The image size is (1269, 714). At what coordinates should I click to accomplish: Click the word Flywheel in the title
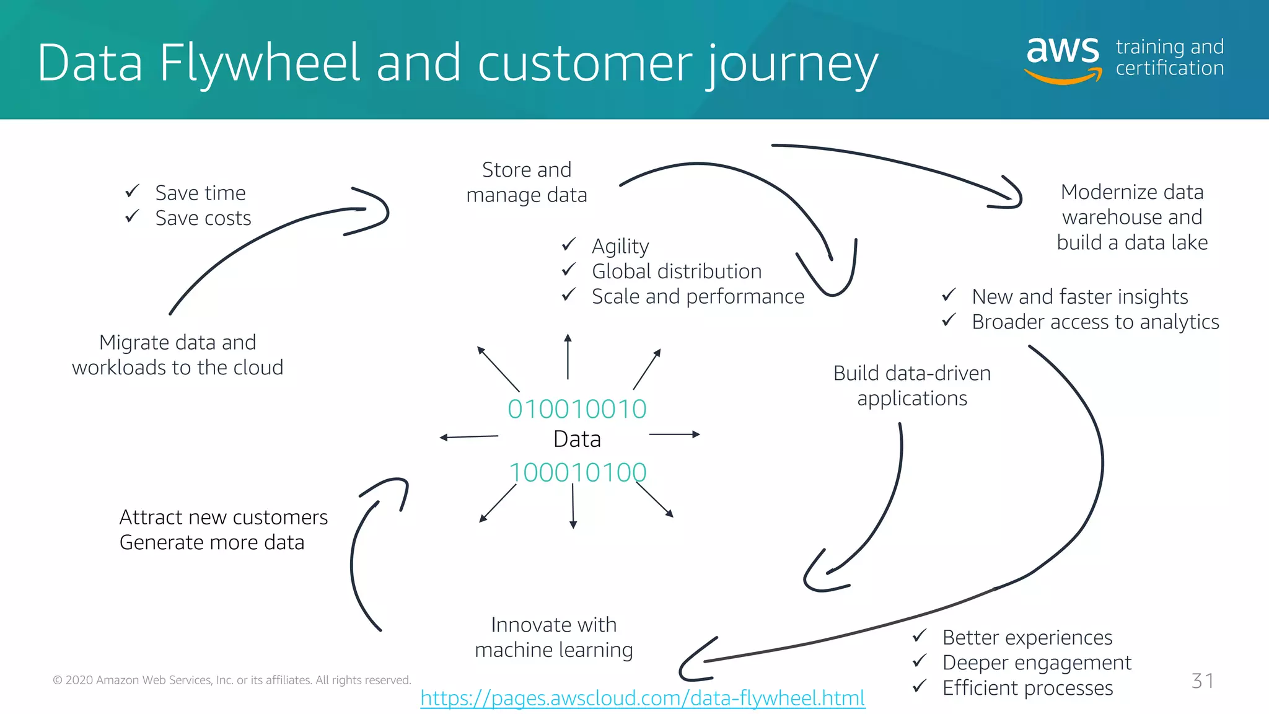click(x=259, y=63)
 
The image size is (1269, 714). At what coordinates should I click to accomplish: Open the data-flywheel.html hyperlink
click(x=643, y=699)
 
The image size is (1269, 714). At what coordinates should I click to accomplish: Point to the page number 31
click(x=1202, y=681)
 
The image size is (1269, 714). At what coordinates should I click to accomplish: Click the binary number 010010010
click(x=577, y=409)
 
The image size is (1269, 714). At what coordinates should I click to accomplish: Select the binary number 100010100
click(x=577, y=473)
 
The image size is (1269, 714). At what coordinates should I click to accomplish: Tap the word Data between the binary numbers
click(x=577, y=439)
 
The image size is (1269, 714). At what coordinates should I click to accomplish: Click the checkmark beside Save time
click(x=132, y=191)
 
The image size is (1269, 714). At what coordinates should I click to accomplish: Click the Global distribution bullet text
click(x=677, y=271)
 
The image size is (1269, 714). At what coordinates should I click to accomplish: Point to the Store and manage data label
click(x=527, y=182)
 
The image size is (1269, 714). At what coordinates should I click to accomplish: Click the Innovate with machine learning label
click(x=554, y=637)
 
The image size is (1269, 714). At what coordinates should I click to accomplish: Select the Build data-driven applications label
click(x=911, y=386)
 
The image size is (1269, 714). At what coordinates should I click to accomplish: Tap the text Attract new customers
click(x=223, y=517)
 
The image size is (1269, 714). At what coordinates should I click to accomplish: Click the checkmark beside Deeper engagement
click(x=920, y=661)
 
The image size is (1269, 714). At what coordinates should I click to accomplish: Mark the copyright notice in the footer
click(x=232, y=681)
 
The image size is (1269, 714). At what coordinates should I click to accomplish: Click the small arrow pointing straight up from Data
click(x=568, y=356)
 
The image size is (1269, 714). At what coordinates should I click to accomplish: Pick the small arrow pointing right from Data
click(x=674, y=434)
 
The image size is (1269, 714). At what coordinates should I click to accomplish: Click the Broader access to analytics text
click(x=1095, y=322)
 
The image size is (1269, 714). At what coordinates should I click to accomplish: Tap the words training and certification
click(x=1169, y=58)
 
